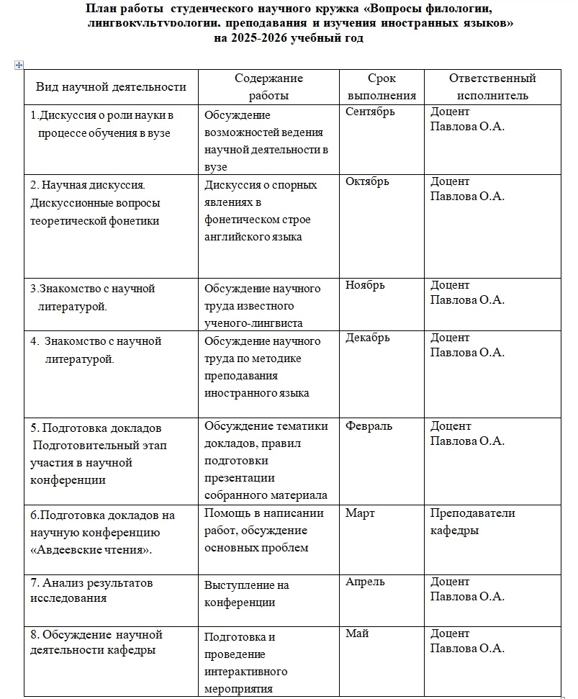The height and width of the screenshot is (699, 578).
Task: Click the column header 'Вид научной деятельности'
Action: (x=111, y=87)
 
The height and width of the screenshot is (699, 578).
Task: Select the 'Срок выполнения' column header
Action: (x=381, y=86)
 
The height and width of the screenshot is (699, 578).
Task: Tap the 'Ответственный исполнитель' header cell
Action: (x=492, y=86)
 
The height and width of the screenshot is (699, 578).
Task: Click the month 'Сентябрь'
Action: (x=370, y=112)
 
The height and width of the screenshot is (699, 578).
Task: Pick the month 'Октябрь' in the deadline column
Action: (x=367, y=181)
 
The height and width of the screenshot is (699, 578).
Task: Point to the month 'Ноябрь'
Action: (x=365, y=285)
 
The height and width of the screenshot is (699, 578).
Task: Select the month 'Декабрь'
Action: (x=367, y=338)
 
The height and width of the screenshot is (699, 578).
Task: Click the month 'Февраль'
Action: (x=369, y=426)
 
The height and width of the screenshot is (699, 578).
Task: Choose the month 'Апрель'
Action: (x=365, y=582)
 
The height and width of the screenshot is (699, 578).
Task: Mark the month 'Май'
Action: (x=356, y=633)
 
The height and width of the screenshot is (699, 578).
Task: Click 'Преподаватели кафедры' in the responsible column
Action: (x=472, y=522)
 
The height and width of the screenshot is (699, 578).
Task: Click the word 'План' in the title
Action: (x=101, y=9)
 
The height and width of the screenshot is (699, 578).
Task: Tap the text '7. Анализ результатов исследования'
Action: (x=91, y=590)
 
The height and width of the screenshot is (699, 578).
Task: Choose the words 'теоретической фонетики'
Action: (x=94, y=221)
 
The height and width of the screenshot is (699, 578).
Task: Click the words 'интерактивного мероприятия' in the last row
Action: (x=245, y=680)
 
